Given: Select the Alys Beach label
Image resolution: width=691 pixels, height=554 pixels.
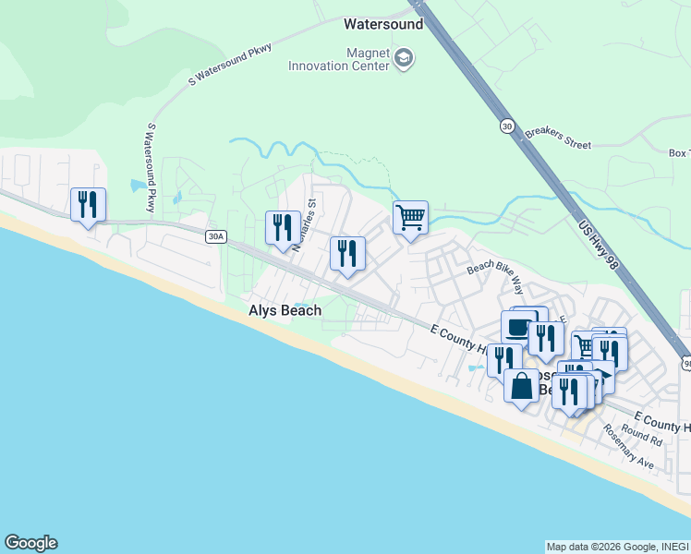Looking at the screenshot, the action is pyautogui.click(x=285, y=310).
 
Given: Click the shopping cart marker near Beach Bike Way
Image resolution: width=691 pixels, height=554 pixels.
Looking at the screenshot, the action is pyautogui.click(x=410, y=219).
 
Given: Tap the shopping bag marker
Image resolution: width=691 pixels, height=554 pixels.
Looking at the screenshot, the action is pyautogui.click(x=521, y=386).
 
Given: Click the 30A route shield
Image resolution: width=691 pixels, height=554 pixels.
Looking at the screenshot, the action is pyautogui.click(x=215, y=237).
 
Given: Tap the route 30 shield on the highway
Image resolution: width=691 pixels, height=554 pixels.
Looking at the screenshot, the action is pyautogui.click(x=507, y=126).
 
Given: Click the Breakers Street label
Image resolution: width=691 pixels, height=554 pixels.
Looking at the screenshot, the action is pyautogui.click(x=557, y=138).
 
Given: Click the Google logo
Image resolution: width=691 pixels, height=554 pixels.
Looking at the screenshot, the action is pyautogui.click(x=30, y=543).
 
